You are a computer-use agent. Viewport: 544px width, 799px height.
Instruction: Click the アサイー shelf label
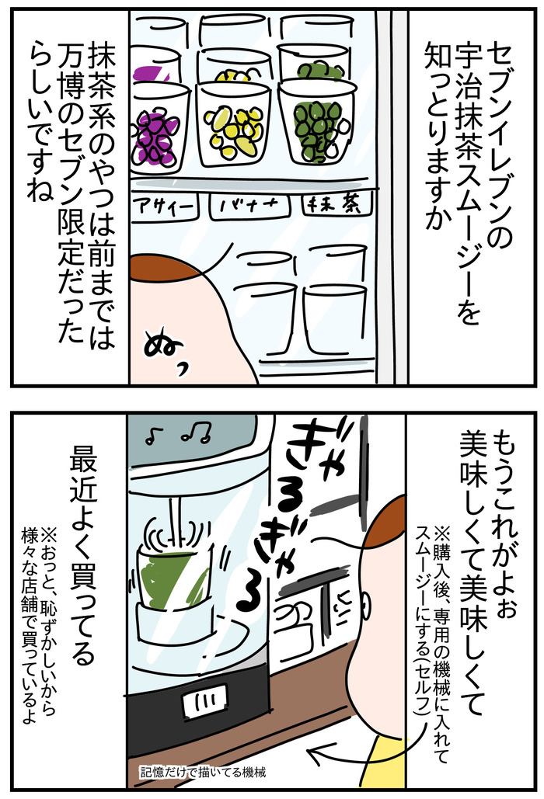pyautogui.click(x=164, y=207)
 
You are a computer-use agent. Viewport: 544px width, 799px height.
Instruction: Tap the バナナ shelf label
pyautogui.click(x=249, y=207)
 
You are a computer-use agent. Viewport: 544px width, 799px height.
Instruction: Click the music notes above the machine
pyautogui.click(x=179, y=434)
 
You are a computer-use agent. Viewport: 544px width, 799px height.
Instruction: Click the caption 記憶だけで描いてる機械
pyautogui.click(x=203, y=772)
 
